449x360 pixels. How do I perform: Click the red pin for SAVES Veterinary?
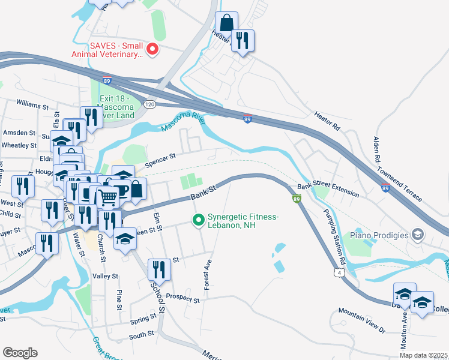tap(152, 49)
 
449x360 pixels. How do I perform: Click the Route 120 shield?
tap(149, 104)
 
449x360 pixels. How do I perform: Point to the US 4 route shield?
tap(340, 273)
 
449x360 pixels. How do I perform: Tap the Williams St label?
tap(32, 106)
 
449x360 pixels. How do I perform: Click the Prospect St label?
tap(182, 298)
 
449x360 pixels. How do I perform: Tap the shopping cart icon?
tap(108, 196)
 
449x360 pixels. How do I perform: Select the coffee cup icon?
tap(122, 190)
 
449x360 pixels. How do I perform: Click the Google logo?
tap(20, 353)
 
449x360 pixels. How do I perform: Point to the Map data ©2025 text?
tap(424, 355)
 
